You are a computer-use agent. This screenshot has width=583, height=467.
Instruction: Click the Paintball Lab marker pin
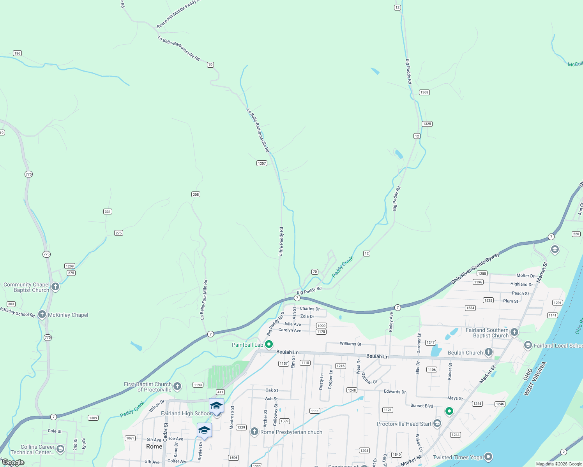269,344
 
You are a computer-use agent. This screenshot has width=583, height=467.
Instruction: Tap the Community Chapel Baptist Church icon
55,287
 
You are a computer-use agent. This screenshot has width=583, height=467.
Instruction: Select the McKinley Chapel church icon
42,314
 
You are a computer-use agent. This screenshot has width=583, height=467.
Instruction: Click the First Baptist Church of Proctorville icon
177,386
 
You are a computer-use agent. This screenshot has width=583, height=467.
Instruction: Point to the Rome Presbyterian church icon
254,432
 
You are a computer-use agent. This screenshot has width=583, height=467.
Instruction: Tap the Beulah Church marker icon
488,353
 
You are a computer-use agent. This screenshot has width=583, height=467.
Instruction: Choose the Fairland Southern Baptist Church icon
514,332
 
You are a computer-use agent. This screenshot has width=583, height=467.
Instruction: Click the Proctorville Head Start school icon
437,423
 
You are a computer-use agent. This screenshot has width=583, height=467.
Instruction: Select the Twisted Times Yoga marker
488,457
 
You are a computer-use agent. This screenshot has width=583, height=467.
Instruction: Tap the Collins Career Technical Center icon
60,449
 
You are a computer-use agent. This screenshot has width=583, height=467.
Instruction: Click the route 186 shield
17,53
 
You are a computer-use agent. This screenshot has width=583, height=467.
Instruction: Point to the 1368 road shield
424,92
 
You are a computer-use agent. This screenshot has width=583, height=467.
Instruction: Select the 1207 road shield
262,163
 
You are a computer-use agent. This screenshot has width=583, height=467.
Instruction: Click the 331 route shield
108,212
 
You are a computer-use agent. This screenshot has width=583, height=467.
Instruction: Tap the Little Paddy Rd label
281,241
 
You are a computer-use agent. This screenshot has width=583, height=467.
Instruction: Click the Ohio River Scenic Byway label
475,268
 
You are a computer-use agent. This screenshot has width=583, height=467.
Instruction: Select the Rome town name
154,446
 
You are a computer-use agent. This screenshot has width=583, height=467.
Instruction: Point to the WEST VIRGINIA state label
535,379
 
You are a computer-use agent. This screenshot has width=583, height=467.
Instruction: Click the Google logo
13,462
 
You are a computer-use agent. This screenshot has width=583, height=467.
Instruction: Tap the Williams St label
350,344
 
